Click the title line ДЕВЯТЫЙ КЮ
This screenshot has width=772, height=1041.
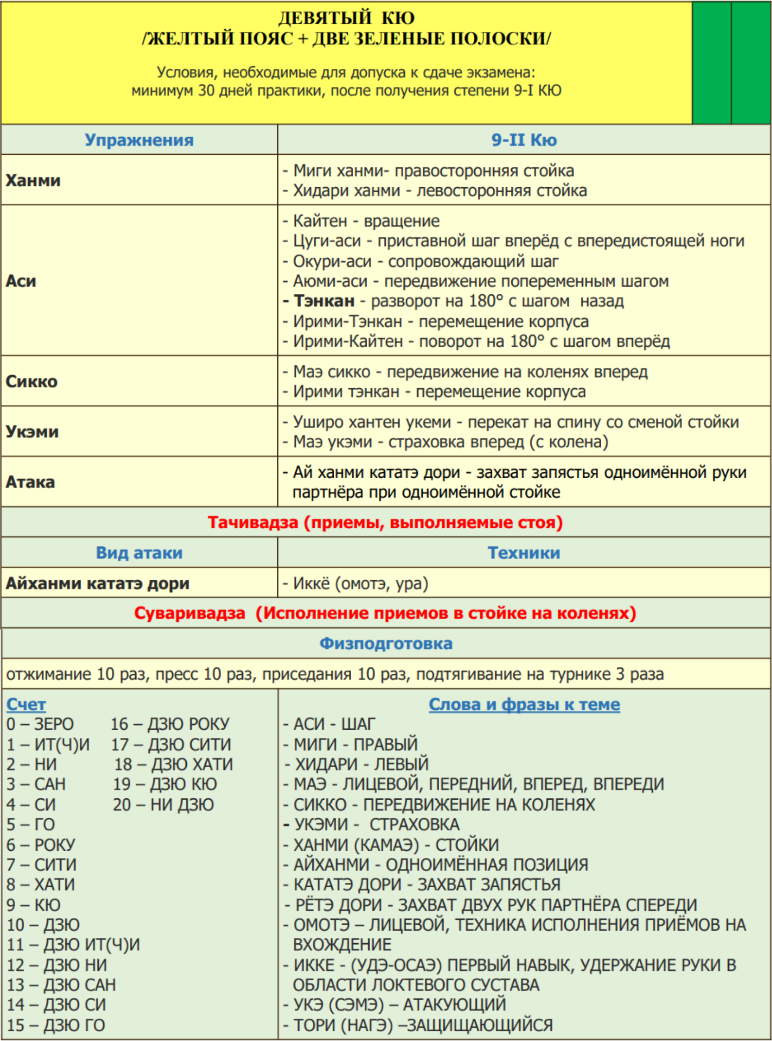click(x=346, y=18)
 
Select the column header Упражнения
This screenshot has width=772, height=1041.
click(x=139, y=140)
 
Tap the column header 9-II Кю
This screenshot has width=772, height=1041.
click(x=524, y=140)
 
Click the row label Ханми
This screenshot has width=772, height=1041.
click(x=33, y=180)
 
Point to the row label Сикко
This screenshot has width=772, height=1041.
click(x=32, y=381)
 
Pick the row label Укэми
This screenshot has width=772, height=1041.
click(x=32, y=431)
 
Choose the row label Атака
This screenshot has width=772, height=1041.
click(x=30, y=482)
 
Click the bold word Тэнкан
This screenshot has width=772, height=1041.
click(x=324, y=301)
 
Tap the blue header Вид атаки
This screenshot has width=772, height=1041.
click(x=139, y=553)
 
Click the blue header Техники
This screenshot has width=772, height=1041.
click(x=524, y=553)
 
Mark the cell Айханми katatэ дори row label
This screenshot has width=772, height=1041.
click(x=97, y=583)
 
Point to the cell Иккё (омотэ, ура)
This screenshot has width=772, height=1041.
click(x=360, y=583)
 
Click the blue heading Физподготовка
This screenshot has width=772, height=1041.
click(x=386, y=644)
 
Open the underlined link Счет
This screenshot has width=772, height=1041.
click(x=26, y=704)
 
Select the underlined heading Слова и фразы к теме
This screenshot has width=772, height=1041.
click(x=524, y=704)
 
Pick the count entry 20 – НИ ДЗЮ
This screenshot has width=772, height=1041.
click(x=163, y=805)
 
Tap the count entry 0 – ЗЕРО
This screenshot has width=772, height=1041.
click(x=40, y=724)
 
